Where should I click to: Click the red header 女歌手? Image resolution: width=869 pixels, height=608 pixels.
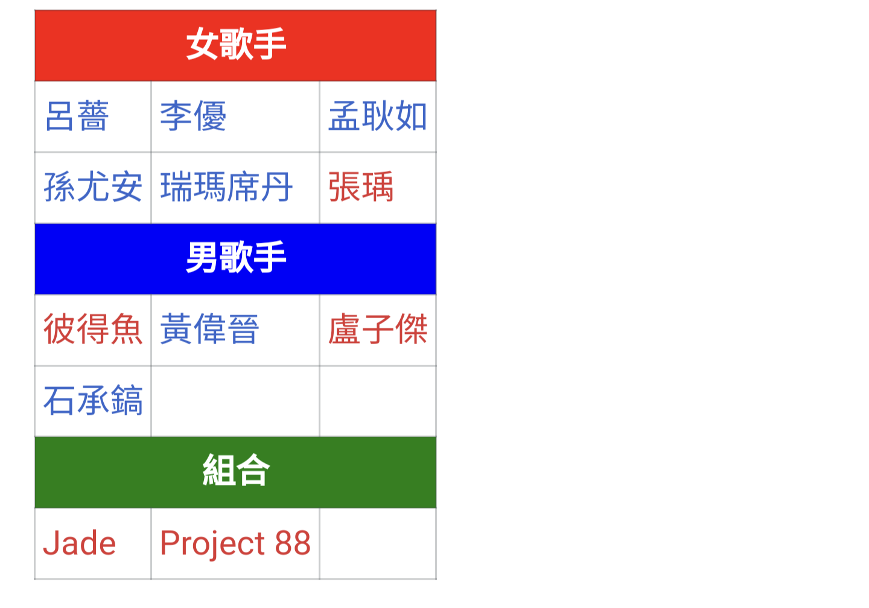pyautogui.click(x=236, y=44)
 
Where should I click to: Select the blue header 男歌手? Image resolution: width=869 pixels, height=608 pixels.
pyautogui.click(x=236, y=257)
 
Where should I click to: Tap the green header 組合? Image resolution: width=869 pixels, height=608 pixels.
pyautogui.click(x=236, y=470)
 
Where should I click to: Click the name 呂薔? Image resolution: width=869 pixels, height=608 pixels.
pyautogui.click(x=77, y=116)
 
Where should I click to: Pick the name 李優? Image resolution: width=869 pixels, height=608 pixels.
pyautogui.click(x=193, y=116)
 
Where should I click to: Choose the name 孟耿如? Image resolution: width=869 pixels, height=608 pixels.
pyautogui.click(x=378, y=116)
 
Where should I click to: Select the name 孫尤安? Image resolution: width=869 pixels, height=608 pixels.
pyautogui.click(x=93, y=187)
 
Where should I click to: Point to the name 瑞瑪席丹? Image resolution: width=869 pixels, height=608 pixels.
pyautogui.click(x=226, y=187)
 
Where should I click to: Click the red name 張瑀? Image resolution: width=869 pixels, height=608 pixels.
pyautogui.click(x=361, y=187)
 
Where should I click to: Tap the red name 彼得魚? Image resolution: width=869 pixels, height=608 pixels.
pyautogui.click(x=93, y=329)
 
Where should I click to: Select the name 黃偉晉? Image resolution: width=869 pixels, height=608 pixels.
pyautogui.click(x=209, y=329)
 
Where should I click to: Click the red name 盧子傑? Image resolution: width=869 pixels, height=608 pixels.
pyautogui.click(x=378, y=329)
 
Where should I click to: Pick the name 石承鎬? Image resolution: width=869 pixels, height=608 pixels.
pyautogui.click(x=93, y=400)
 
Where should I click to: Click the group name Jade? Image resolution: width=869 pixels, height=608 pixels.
pyautogui.click(x=80, y=543)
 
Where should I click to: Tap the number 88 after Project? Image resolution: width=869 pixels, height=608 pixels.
pyautogui.click(x=293, y=543)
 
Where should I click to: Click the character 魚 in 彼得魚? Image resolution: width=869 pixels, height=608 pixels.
pyautogui.click(x=127, y=329)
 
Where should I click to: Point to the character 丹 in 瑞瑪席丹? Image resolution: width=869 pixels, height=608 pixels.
pyautogui.click(x=276, y=187)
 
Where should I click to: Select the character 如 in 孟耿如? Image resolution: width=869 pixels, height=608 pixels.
pyautogui.click(x=411, y=116)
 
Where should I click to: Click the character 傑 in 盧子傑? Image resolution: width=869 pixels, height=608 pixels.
pyautogui.click(x=411, y=329)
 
